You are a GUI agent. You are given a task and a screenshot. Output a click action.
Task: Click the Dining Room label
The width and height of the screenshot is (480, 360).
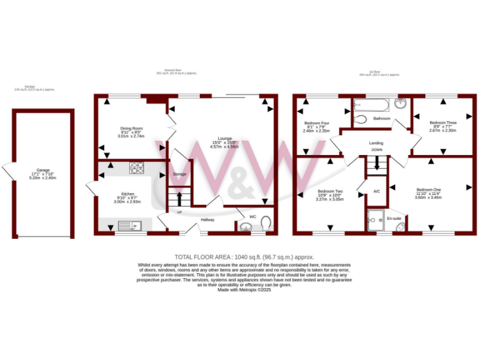131,128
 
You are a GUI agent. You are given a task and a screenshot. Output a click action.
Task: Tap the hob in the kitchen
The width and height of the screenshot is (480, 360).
136,167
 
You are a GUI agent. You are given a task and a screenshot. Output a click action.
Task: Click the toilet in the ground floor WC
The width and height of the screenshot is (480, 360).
266,223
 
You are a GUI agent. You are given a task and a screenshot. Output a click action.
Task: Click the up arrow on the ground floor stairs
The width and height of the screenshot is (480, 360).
180,199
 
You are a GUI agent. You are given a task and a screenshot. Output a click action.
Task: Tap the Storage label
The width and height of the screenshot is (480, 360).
180,174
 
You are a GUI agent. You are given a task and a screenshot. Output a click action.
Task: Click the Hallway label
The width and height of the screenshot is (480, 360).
207,220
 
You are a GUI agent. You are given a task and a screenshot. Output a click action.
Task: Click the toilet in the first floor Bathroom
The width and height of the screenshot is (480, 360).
360,119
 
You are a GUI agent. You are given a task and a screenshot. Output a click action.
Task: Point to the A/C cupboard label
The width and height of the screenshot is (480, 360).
377,191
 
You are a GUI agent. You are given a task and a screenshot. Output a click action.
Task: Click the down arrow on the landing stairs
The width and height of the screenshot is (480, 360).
377,162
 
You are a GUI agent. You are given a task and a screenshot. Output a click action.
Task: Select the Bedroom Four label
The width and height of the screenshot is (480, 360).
316,122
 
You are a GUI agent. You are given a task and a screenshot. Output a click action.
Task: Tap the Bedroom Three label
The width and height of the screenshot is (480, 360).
442,122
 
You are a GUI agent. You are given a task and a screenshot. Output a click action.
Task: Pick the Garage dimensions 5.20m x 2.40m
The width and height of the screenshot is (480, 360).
43,177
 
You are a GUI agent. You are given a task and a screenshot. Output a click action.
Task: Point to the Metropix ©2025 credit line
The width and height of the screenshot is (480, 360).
240,289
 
